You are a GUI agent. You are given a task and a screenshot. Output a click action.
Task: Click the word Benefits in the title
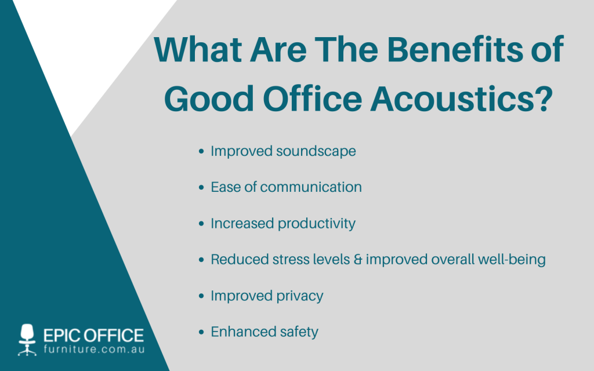tap(455, 50)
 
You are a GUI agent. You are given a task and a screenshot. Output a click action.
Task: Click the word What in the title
tap(198, 50)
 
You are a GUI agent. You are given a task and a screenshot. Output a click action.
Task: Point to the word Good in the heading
tap(209, 99)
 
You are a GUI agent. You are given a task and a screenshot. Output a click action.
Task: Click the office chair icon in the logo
tap(27, 340)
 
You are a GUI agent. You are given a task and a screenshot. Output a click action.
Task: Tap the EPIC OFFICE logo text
tap(93, 336)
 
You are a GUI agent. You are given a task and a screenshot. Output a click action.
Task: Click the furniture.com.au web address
tap(94, 348)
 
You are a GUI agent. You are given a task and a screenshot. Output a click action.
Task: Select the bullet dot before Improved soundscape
tap(201, 151)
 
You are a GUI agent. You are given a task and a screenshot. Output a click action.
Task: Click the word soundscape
tap(316, 151)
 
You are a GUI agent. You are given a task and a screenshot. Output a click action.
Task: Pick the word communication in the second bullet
tap(311, 187)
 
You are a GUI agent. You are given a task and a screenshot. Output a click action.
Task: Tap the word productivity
tap(317, 224)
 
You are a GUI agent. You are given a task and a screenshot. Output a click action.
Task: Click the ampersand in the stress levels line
tap(357, 260)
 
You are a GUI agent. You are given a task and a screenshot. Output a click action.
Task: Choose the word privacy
tap(300, 296)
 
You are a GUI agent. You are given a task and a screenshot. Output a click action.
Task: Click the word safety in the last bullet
tap(299, 332)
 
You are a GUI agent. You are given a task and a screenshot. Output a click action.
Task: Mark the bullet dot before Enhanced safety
tap(201, 332)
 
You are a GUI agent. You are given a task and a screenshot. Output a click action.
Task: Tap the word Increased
tap(242, 223)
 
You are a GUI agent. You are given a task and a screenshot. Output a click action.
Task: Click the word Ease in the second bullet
tap(226, 187)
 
